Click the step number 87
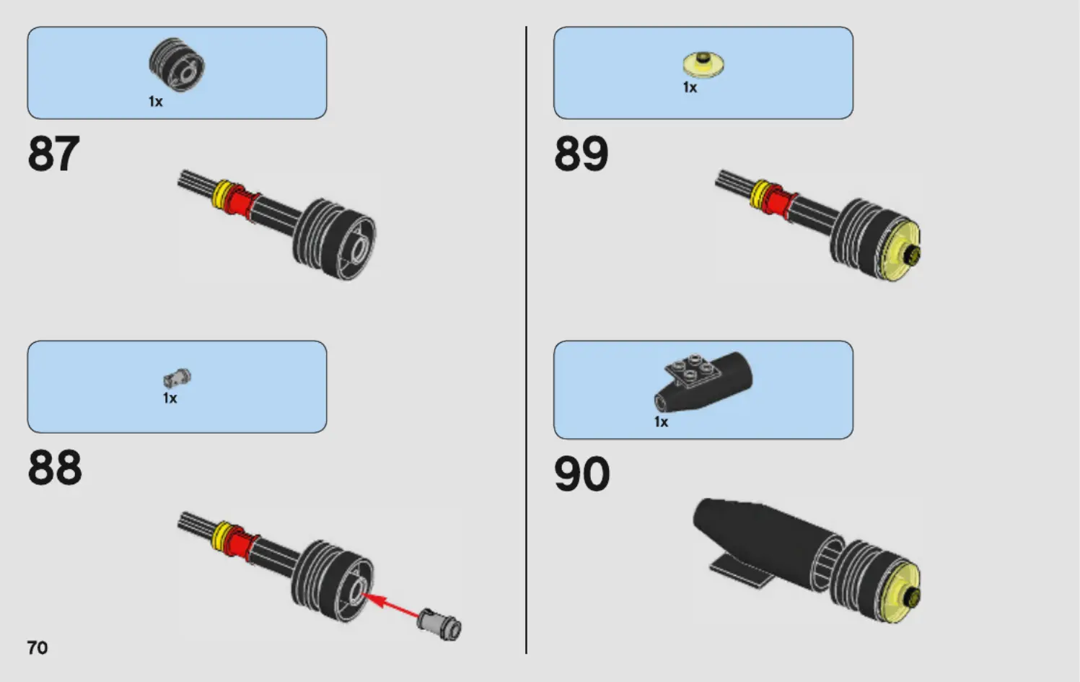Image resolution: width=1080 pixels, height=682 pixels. (x=53, y=154)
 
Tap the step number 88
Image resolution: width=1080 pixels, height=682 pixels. (x=55, y=468)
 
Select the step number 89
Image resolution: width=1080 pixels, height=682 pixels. (x=581, y=154)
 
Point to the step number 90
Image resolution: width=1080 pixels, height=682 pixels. (x=581, y=474)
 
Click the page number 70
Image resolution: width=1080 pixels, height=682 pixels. (x=38, y=647)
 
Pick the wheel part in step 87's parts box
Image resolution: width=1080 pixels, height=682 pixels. (x=177, y=65)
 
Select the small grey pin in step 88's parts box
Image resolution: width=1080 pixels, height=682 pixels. (x=177, y=377)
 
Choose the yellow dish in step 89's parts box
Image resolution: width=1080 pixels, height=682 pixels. (x=703, y=65)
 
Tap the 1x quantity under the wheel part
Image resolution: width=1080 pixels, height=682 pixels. (x=156, y=102)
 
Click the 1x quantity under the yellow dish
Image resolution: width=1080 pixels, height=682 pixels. (x=690, y=88)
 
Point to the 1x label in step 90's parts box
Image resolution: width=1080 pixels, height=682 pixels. (x=661, y=422)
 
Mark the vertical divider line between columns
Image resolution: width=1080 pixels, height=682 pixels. (x=527, y=339)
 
